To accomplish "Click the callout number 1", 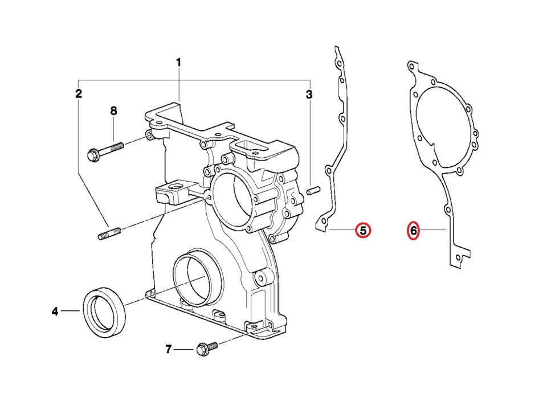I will [x=178, y=62].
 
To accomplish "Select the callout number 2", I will [x=79, y=94].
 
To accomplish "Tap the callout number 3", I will [x=309, y=95].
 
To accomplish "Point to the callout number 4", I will [x=55, y=311].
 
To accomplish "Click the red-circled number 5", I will [x=363, y=231].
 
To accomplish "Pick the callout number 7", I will [x=168, y=349].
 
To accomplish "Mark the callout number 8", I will [x=113, y=110].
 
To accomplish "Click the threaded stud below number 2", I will [x=110, y=234].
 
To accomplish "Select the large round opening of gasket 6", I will [x=442, y=122].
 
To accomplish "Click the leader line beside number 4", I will [x=71, y=311].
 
